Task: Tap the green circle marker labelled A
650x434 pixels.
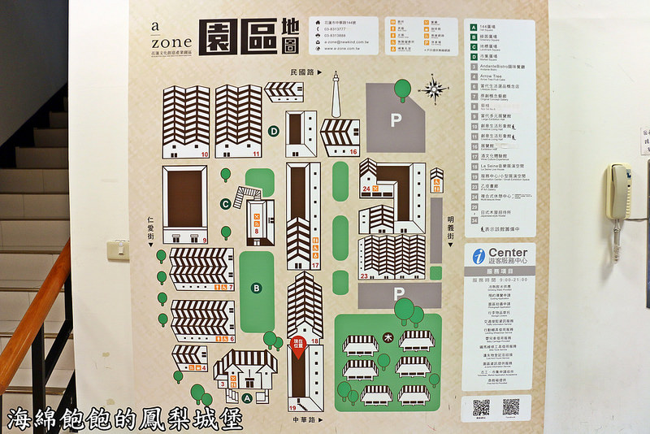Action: click(x=246, y=397)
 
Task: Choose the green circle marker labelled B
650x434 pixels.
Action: click(x=257, y=287)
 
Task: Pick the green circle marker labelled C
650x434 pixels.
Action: click(x=225, y=204)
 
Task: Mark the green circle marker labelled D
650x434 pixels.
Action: click(x=274, y=131)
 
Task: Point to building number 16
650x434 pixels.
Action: click(x=353, y=152)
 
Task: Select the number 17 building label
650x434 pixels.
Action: click(x=315, y=265)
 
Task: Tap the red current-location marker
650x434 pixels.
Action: click(x=297, y=345)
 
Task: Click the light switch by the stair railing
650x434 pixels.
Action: click(x=119, y=248)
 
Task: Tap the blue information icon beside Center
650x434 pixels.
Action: click(x=479, y=256)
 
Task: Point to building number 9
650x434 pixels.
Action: click(x=205, y=240)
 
